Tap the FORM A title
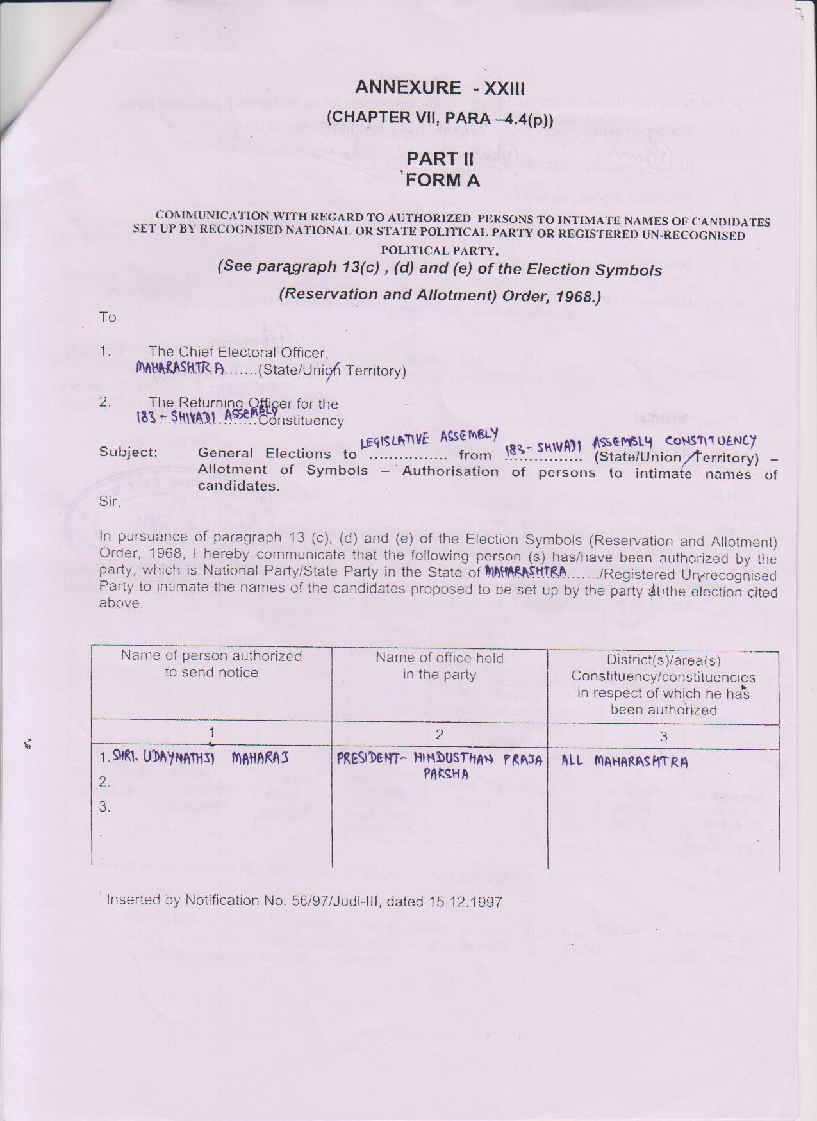point(443,181)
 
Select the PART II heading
point(440,159)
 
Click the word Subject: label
point(128,452)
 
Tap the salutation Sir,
point(110,502)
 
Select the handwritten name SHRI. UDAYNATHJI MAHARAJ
point(201,758)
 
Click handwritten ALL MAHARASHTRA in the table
point(625,762)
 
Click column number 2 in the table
point(440,735)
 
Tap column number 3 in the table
point(664,737)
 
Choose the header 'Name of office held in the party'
point(440,666)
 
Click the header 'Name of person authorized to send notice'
point(211,664)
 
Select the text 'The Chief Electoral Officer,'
point(238,352)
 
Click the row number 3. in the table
point(104,808)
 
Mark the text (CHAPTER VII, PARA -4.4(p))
point(440,118)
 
